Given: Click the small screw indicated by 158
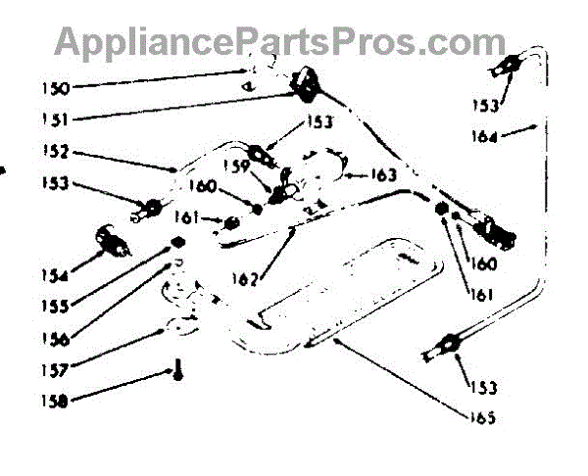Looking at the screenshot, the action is pos(178,372).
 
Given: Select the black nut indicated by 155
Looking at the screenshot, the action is pos(177,242).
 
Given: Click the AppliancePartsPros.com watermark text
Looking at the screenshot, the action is pos(280,41).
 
